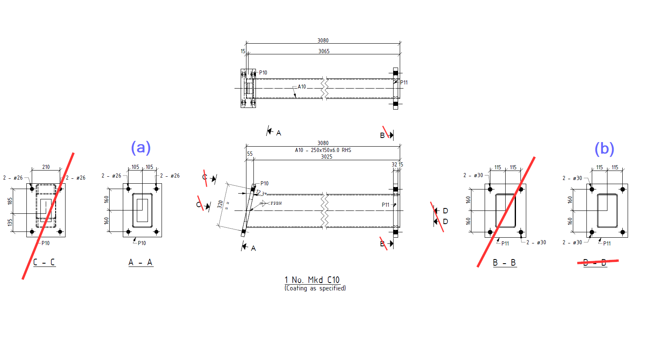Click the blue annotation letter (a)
(141, 147)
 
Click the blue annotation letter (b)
(604, 149)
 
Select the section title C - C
(44, 262)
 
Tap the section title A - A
(141, 262)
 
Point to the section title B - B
(504, 263)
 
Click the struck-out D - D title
(595, 262)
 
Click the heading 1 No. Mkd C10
(312, 280)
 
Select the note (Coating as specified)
(315, 288)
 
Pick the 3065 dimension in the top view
(324, 51)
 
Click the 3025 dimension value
(326, 157)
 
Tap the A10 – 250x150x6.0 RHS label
(323, 150)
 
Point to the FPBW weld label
(276, 203)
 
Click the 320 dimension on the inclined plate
(220, 204)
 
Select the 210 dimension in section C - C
(46, 167)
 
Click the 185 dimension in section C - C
(10, 201)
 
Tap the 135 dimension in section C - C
(10, 222)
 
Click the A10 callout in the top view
(302, 87)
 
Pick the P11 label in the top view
(404, 83)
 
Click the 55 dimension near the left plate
(250, 154)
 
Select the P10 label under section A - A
(142, 243)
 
